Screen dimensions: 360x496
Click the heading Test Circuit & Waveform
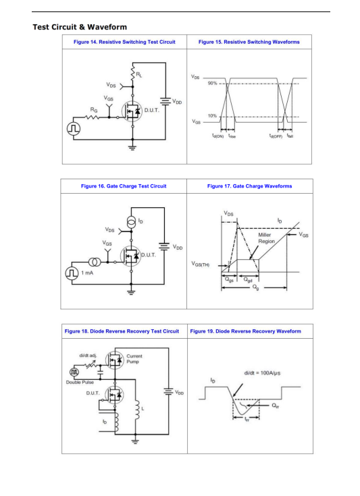80,27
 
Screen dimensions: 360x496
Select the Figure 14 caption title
124,42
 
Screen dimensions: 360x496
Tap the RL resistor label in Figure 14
139,75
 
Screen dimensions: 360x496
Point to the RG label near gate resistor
94,110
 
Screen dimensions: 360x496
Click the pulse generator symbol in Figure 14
74,129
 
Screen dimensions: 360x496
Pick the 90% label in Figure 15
213,83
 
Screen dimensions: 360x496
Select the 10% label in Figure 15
213,116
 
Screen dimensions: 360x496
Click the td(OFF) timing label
276,136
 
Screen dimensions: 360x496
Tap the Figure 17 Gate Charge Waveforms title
249,186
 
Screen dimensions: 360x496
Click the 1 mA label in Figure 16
87,273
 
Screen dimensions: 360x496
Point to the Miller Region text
267,238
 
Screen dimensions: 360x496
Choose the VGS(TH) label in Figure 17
201,264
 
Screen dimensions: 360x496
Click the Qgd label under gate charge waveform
248,280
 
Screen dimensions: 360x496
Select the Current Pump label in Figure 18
134,359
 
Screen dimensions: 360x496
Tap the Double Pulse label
80,382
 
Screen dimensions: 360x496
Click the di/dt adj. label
88,356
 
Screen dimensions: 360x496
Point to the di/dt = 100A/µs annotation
262,373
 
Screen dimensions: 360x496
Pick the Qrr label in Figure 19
276,406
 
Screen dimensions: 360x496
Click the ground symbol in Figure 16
131,292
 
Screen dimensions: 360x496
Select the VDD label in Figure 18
179,393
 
